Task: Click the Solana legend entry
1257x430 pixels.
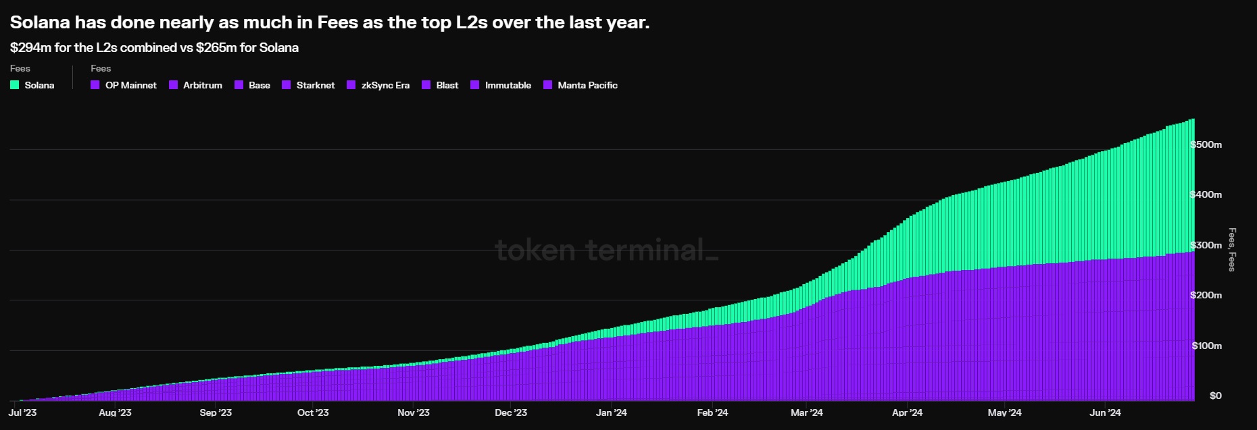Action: (32, 85)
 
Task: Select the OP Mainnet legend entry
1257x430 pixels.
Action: (124, 85)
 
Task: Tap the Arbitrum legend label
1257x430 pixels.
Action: (203, 85)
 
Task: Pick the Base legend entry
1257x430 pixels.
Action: (253, 85)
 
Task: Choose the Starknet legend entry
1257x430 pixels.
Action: (308, 85)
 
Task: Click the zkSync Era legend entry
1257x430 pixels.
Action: (378, 85)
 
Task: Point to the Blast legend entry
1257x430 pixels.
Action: (440, 85)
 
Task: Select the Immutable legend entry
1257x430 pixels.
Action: (501, 85)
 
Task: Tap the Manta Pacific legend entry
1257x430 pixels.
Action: (581, 85)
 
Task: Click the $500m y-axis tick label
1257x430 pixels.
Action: (1206, 144)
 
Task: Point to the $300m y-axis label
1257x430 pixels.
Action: (1206, 245)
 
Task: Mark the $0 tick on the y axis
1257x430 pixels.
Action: (1215, 396)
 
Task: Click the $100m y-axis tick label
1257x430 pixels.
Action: (1207, 346)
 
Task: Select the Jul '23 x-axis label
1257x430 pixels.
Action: (22, 412)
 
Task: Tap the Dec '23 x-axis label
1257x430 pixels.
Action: (511, 412)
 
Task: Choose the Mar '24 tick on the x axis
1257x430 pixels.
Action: (807, 412)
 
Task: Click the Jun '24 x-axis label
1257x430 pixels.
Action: (1105, 412)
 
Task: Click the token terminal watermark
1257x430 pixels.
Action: (606, 250)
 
